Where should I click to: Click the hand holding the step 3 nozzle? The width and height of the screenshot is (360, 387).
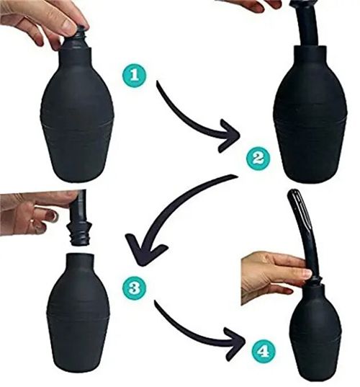click(x=32, y=213)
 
